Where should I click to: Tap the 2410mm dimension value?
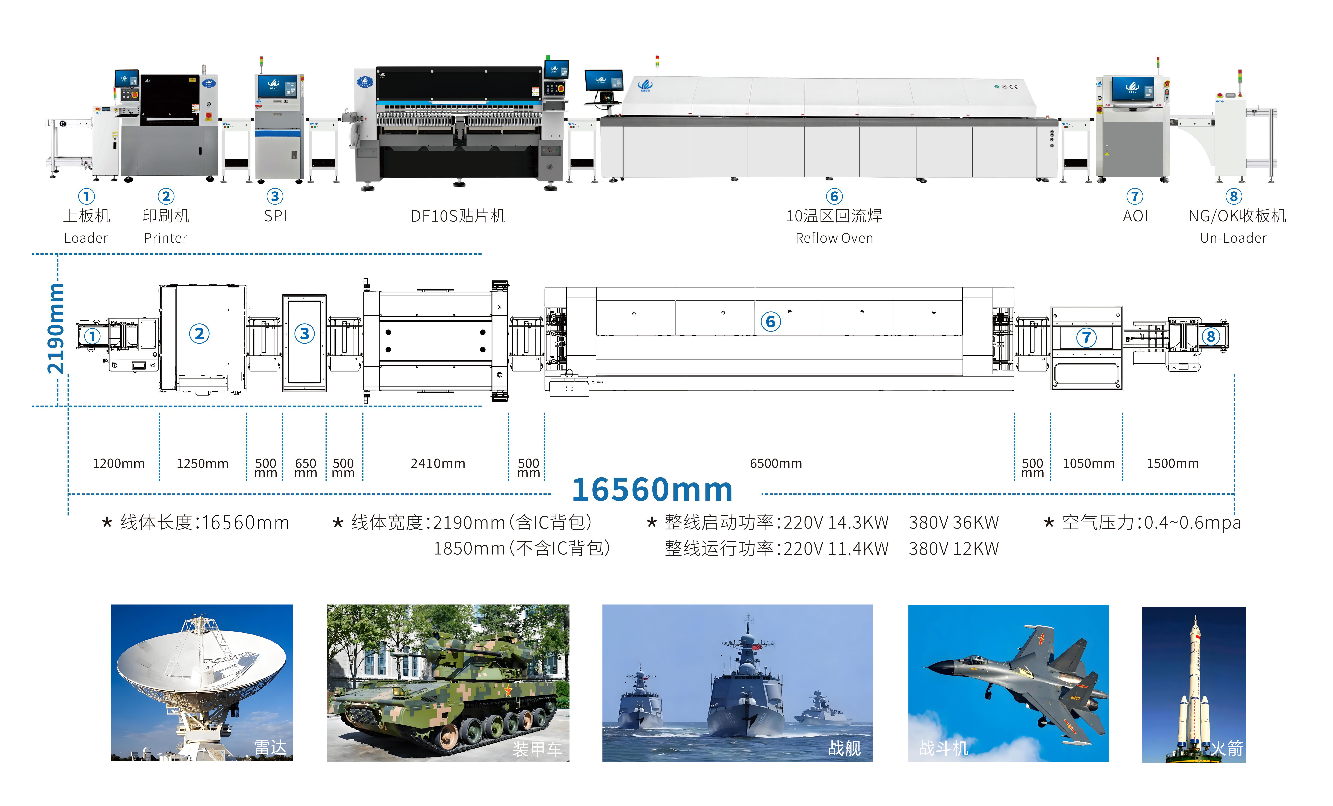(438, 464)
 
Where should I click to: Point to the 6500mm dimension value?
(776, 464)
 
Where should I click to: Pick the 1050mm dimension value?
(1088, 464)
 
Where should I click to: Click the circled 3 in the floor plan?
(305, 334)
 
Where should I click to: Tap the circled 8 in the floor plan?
(1211, 337)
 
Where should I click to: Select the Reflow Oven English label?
(834, 238)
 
